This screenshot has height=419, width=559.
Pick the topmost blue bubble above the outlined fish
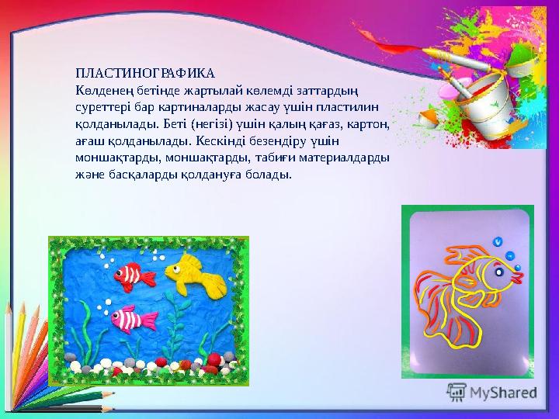[x=498, y=241]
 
